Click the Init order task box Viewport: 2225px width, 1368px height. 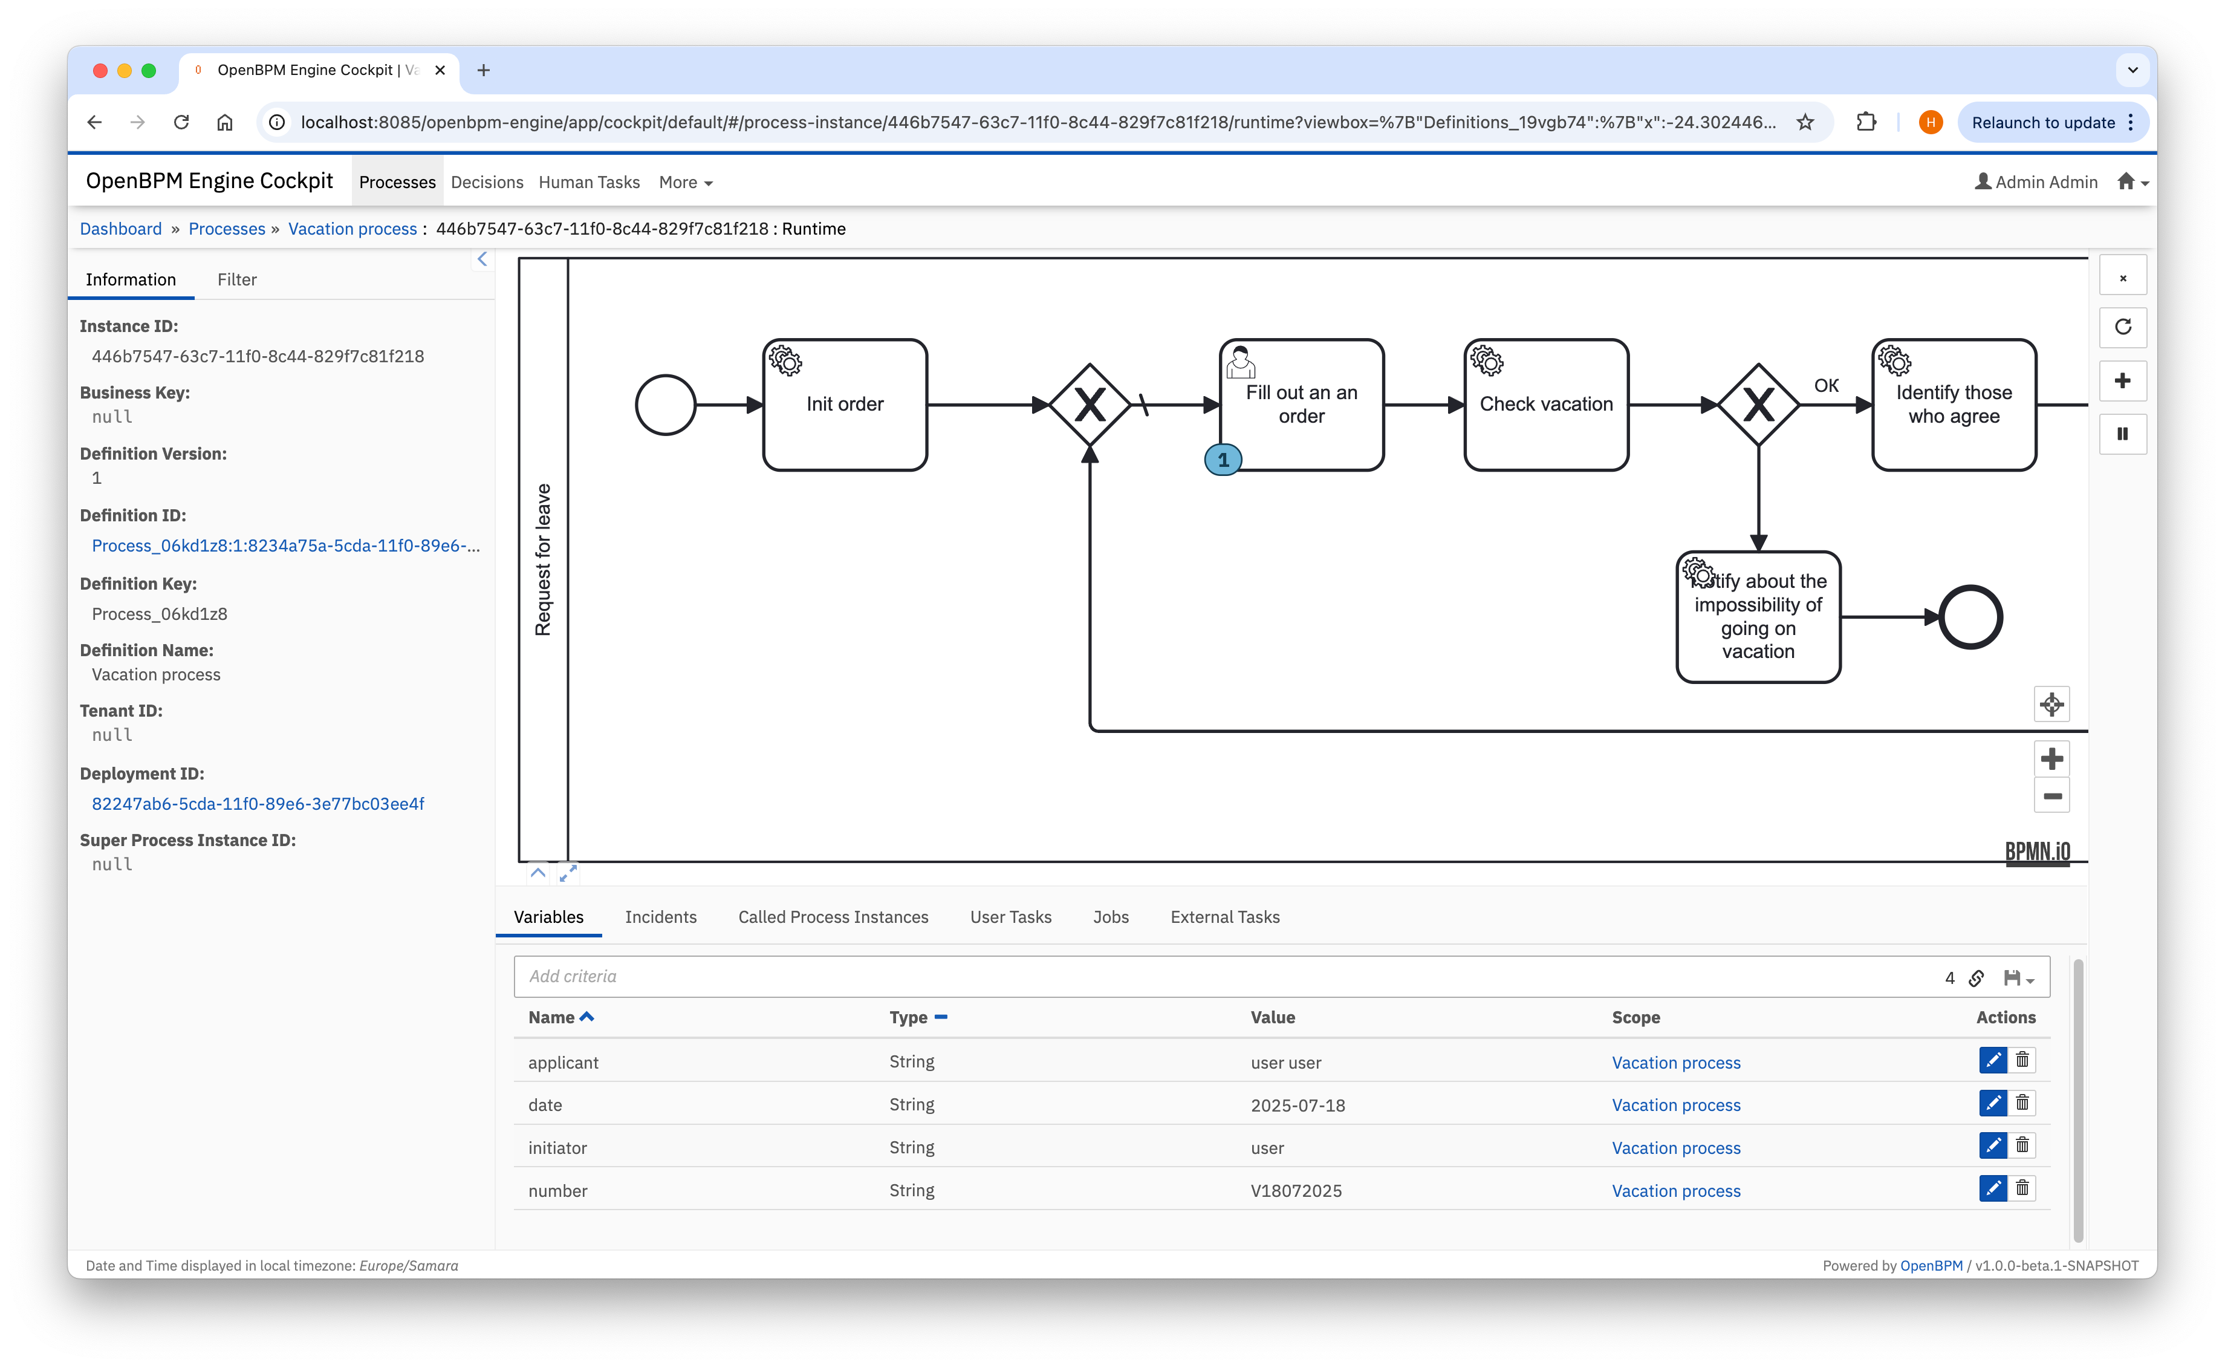tap(845, 405)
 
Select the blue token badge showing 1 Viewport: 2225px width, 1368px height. tap(1223, 460)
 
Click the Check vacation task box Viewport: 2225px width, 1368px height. tap(1546, 405)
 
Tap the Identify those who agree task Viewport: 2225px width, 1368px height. tap(1954, 405)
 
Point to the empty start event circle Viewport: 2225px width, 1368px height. tap(666, 405)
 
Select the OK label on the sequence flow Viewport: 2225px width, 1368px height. tap(1826, 385)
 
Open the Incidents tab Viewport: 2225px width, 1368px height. tap(660, 916)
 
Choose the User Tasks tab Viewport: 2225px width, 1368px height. tap(1010, 916)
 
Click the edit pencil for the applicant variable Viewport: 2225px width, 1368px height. tap(1993, 1060)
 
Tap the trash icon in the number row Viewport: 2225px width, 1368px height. tap(2022, 1188)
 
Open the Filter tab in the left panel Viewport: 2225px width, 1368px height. tap(237, 279)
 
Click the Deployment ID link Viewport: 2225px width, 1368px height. tap(258, 803)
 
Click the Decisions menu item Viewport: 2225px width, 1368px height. tap(487, 182)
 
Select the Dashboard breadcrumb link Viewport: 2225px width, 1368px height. tap(120, 229)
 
